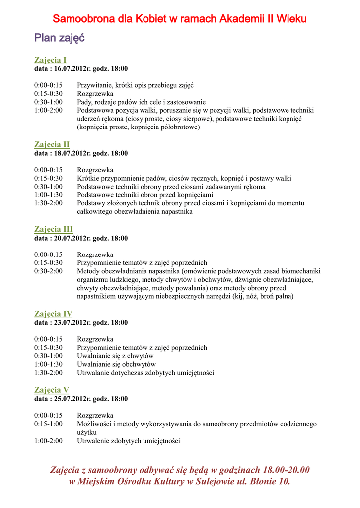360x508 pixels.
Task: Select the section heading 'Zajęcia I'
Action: pyautogui.click(x=50, y=60)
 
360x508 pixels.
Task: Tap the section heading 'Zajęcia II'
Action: pyautogui.click(x=52, y=144)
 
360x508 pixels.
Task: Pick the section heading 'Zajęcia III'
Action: pyautogui.click(x=53, y=229)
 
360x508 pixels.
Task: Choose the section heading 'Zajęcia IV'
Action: pyautogui.click(x=53, y=314)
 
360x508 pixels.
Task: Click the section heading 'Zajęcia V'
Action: pyautogui.click(x=52, y=390)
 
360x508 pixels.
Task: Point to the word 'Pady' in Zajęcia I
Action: pyautogui.click(x=84, y=102)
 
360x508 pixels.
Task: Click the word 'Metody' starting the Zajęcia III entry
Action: pyautogui.click(x=88, y=271)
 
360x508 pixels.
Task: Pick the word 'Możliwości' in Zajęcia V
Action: pyautogui.click(x=94, y=424)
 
